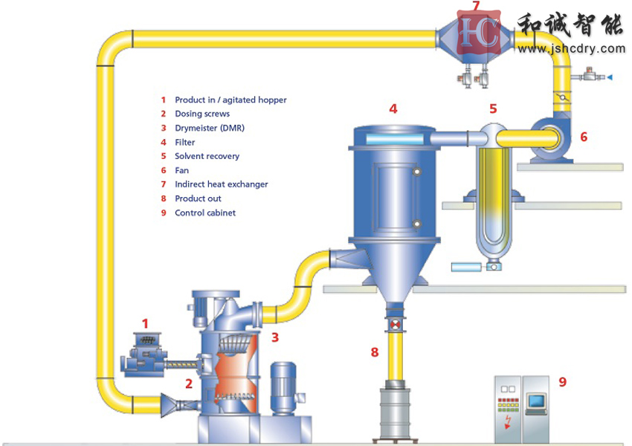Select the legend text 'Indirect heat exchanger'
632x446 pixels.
[x=221, y=184]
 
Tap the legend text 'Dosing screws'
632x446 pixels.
[x=202, y=114]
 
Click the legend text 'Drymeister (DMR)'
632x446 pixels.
[x=210, y=128]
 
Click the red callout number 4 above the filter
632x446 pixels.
[x=393, y=109]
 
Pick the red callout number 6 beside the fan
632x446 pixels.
[x=584, y=137]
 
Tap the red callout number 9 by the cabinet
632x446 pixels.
[x=562, y=381]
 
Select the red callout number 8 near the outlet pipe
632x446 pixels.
[x=375, y=352]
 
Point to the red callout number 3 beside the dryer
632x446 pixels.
[x=274, y=337]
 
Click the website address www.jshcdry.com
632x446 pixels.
[x=571, y=49]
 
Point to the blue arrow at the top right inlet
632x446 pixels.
[x=610, y=77]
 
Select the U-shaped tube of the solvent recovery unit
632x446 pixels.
[x=491, y=201]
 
